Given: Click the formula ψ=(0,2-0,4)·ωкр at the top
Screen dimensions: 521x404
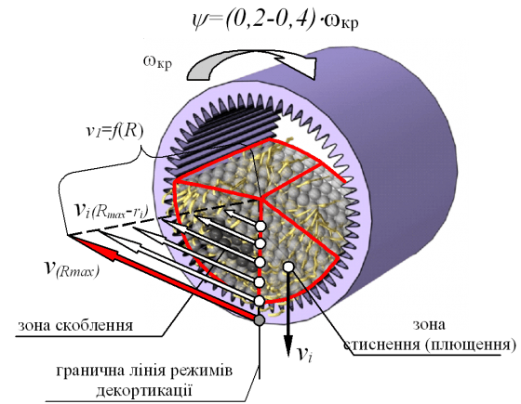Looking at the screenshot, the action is pyautogui.click(x=275, y=20).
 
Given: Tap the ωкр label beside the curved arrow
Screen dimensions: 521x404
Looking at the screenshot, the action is pyautogui.click(x=158, y=61).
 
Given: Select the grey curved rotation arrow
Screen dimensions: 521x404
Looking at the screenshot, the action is pyautogui.click(x=251, y=64).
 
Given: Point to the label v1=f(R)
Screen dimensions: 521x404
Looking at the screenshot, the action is pyautogui.click(x=114, y=132).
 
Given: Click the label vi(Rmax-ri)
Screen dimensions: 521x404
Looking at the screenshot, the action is pyautogui.click(x=112, y=210).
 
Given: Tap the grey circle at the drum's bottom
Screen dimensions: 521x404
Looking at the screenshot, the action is pyautogui.click(x=260, y=320).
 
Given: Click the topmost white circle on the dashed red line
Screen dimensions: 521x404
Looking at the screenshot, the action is pyautogui.click(x=260, y=227).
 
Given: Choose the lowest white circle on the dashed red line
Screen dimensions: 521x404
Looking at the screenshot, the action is pyautogui.click(x=260, y=301).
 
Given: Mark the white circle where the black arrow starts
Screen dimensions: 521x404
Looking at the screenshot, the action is pyautogui.click(x=288, y=266).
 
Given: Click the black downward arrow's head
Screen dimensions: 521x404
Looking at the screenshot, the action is pyautogui.click(x=288, y=345).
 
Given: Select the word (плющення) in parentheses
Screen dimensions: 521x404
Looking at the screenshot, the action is pyautogui.click(x=470, y=345).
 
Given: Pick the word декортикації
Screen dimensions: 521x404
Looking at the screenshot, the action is pyautogui.click(x=144, y=390).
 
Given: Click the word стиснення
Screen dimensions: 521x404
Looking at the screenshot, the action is pyautogui.click(x=382, y=345).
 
